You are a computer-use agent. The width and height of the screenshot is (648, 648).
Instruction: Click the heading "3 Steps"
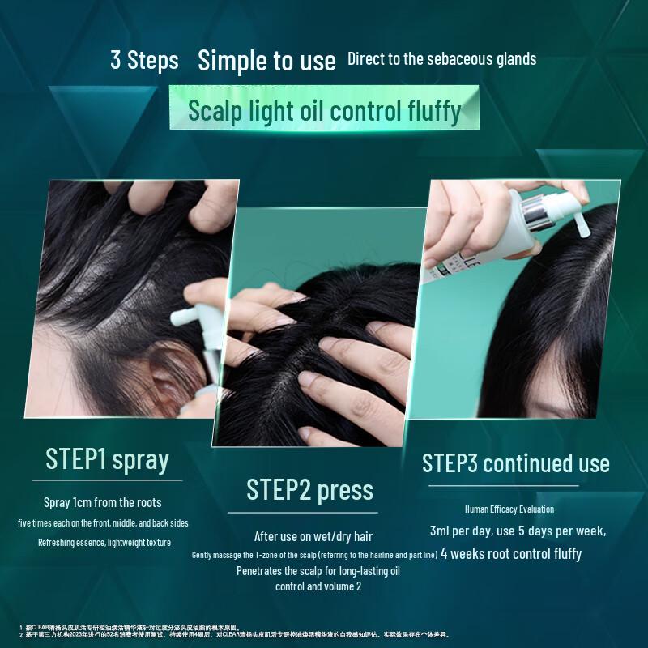(144, 61)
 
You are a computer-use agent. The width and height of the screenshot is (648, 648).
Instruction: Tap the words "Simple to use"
(266, 60)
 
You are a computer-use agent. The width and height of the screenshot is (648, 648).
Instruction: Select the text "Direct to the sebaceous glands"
(441, 59)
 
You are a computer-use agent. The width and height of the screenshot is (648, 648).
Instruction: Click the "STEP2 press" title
(309, 490)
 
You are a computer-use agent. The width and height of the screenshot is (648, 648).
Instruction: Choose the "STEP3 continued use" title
(516, 463)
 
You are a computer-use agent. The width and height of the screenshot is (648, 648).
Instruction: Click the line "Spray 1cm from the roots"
(103, 502)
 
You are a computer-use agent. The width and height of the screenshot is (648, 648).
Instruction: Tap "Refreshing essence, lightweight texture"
(104, 542)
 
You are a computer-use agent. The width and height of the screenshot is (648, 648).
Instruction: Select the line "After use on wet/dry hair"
(313, 536)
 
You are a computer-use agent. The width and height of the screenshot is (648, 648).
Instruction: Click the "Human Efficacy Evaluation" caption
(509, 509)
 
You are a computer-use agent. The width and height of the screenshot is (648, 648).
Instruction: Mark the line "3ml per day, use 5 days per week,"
(518, 531)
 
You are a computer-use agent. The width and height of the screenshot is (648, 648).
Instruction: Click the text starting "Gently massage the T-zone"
(314, 555)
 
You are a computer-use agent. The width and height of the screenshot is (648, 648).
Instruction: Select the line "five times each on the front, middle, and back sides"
(104, 522)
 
